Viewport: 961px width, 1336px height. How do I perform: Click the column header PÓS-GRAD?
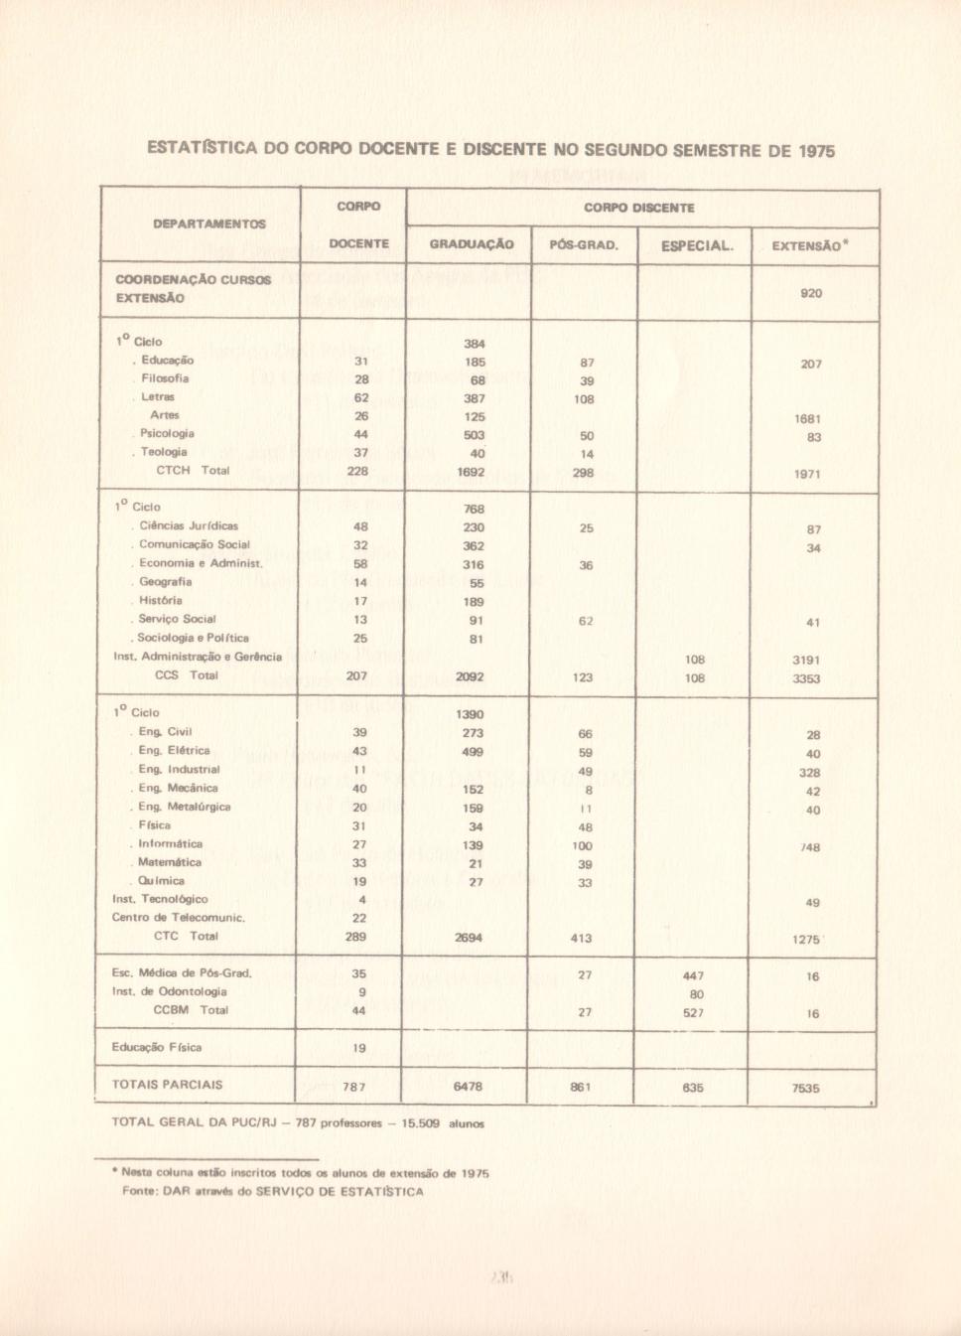(x=583, y=244)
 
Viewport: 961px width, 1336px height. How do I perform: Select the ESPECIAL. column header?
(x=697, y=244)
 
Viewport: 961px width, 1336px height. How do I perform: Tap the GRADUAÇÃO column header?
(x=472, y=244)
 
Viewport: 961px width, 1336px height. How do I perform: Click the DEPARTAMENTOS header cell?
(x=209, y=224)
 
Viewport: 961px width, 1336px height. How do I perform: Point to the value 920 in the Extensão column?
(x=811, y=293)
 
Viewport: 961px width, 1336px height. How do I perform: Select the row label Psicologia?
(x=167, y=433)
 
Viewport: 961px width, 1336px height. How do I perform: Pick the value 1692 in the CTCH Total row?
(x=472, y=472)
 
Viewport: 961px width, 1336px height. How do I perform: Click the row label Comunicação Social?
(x=194, y=544)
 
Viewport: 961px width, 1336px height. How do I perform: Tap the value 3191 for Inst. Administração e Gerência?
(x=806, y=659)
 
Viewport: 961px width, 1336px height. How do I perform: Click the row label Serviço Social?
(x=180, y=619)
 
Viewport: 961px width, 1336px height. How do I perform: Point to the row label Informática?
(x=170, y=843)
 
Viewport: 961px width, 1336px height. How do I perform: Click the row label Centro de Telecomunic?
(x=179, y=918)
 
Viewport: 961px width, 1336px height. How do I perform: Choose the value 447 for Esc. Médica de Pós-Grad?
(x=694, y=975)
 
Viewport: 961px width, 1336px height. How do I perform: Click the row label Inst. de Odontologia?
(x=170, y=991)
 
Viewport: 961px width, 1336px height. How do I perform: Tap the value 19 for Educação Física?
(x=359, y=1048)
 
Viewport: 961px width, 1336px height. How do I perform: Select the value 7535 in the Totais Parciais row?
(x=806, y=1088)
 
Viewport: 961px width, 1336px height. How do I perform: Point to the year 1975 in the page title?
(x=814, y=151)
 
